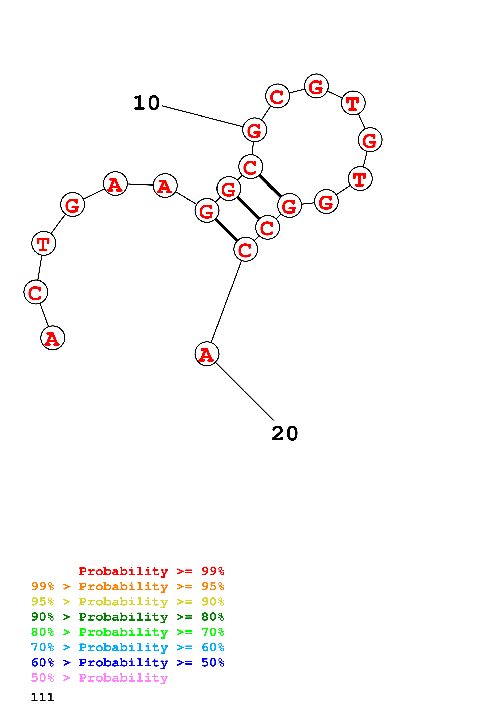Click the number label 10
(146, 103)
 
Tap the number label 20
(284, 434)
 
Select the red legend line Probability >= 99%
(151, 571)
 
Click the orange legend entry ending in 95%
(128, 586)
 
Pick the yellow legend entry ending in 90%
(128, 602)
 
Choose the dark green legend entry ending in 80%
(128, 617)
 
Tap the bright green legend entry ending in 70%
(128, 632)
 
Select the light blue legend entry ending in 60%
(128, 647)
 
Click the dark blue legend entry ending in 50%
(128, 662)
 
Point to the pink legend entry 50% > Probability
(99, 677)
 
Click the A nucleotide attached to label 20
(207, 354)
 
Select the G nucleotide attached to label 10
(254, 130)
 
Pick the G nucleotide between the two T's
(370, 140)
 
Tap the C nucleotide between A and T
(36, 292)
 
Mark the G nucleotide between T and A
(72, 205)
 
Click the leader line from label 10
(203, 116)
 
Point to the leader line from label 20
(245, 391)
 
